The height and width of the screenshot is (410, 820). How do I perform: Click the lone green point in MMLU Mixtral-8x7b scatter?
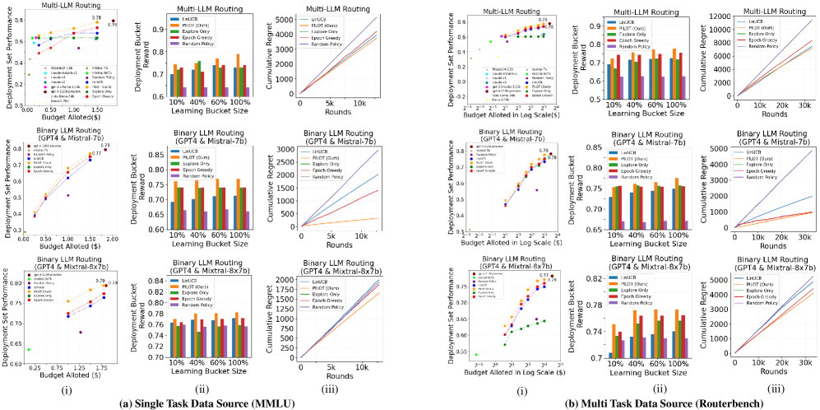tap(29, 349)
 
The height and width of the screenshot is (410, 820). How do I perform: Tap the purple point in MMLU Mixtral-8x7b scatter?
tap(81, 332)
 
